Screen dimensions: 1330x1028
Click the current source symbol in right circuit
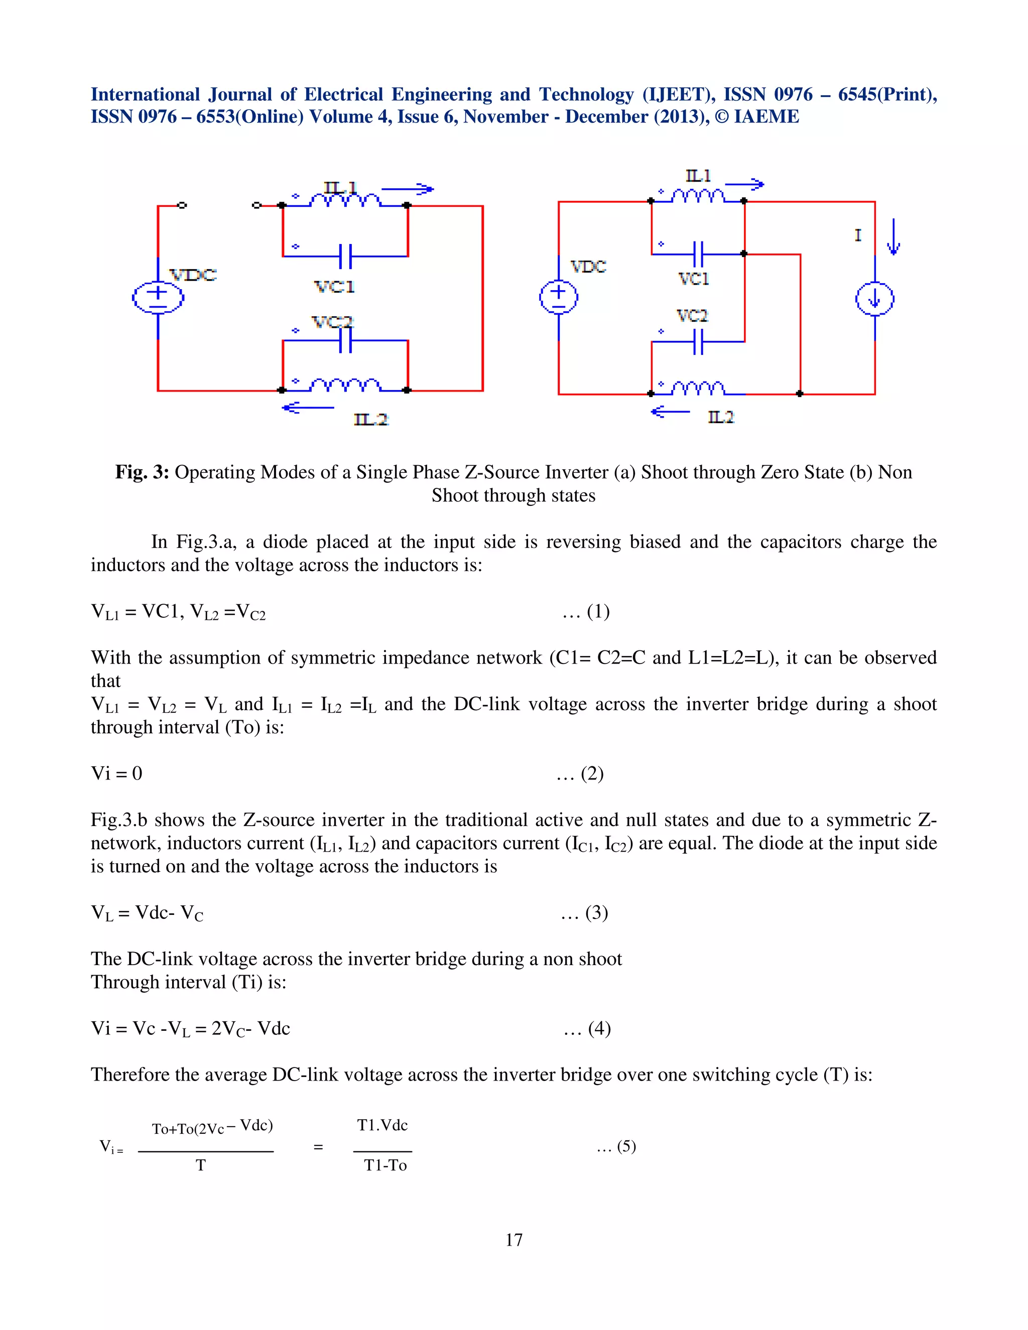tap(874, 299)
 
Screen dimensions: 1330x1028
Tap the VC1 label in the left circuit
tap(334, 287)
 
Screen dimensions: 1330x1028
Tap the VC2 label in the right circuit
tap(692, 316)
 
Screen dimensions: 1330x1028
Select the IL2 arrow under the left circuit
tap(308, 408)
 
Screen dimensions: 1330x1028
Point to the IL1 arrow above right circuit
tap(744, 184)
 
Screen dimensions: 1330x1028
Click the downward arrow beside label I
tap(893, 237)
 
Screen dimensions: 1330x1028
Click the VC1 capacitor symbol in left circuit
tap(345, 256)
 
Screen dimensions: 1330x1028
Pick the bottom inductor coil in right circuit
tap(699, 388)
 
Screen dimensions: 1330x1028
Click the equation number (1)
tap(597, 611)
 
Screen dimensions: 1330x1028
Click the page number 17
tap(513, 1240)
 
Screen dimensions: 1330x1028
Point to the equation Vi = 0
tap(116, 773)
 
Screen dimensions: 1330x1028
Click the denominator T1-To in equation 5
tap(385, 1165)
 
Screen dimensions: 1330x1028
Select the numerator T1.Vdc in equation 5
tap(382, 1125)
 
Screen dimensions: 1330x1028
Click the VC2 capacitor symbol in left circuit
tap(345, 341)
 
